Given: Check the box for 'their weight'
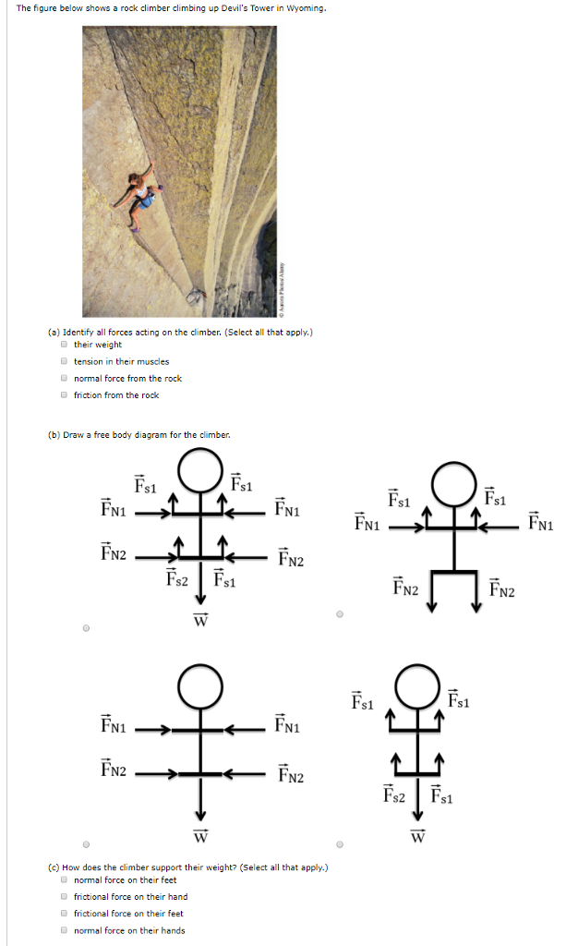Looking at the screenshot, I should (x=64, y=345).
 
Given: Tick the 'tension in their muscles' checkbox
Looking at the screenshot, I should (x=64, y=361).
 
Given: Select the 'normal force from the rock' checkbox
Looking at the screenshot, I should (x=64, y=378).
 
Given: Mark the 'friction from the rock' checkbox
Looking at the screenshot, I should (x=64, y=394).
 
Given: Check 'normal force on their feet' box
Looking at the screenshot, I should (x=64, y=879).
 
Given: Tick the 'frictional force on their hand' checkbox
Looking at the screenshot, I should (x=64, y=896).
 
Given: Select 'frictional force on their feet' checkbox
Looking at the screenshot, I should (x=64, y=913).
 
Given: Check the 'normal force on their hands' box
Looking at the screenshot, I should (x=64, y=929).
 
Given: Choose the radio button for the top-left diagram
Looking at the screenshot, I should (x=86, y=628).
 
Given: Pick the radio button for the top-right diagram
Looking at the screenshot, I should (x=340, y=613).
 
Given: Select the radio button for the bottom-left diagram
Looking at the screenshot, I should (x=86, y=843).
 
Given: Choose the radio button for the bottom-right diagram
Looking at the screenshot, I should (x=340, y=843).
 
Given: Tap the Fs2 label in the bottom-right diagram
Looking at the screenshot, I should (x=395, y=794).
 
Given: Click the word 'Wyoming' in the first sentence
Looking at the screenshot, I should (x=305, y=8).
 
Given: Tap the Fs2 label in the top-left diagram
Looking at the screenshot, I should (x=177, y=579).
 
